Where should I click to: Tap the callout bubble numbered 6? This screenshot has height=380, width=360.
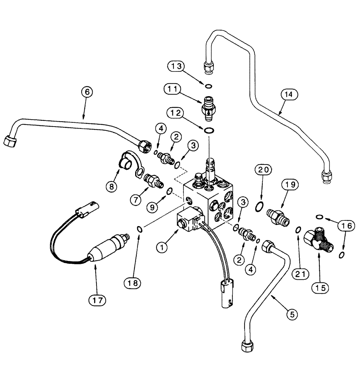tap(87, 92)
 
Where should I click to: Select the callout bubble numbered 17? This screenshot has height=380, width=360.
tap(96, 300)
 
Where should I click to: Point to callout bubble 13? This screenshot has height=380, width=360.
tap(177, 66)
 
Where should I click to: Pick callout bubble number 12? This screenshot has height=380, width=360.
tap(177, 113)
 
